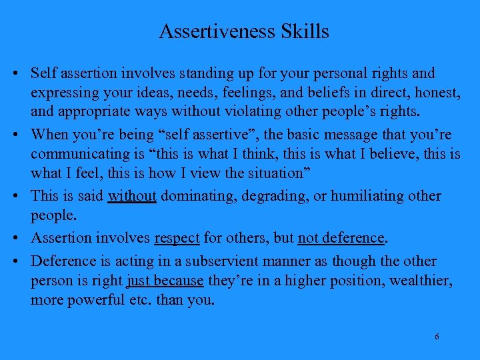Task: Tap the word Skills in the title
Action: (x=305, y=31)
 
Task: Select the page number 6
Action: (x=437, y=337)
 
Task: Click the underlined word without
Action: (x=132, y=196)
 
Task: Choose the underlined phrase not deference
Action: (x=341, y=238)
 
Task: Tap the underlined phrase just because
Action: (x=165, y=281)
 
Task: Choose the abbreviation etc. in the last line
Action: (x=140, y=300)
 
